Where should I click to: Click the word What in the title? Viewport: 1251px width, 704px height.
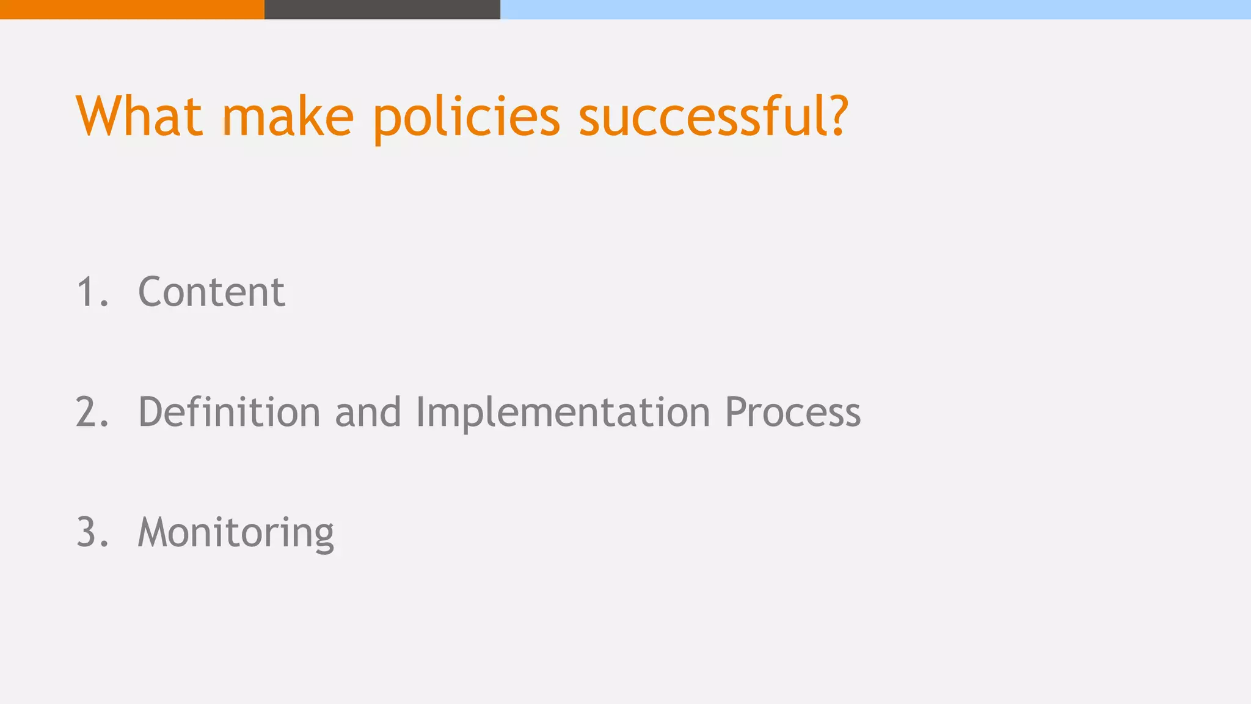coord(139,116)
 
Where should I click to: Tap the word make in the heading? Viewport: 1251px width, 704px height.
coord(287,116)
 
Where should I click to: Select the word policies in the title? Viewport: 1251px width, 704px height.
coord(466,117)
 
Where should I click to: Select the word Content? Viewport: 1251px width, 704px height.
coord(211,291)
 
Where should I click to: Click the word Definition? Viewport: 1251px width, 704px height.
coord(229,412)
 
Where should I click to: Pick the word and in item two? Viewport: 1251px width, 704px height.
coord(368,412)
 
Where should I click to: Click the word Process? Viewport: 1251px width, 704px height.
coord(792,412)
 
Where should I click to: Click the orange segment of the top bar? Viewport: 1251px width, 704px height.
coord(132,9)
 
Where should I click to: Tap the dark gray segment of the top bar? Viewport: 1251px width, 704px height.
coord(382,9)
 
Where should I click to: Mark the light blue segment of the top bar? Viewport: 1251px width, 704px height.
coord(875,9)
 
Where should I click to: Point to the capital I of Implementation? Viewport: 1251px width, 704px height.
coord(420,412)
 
